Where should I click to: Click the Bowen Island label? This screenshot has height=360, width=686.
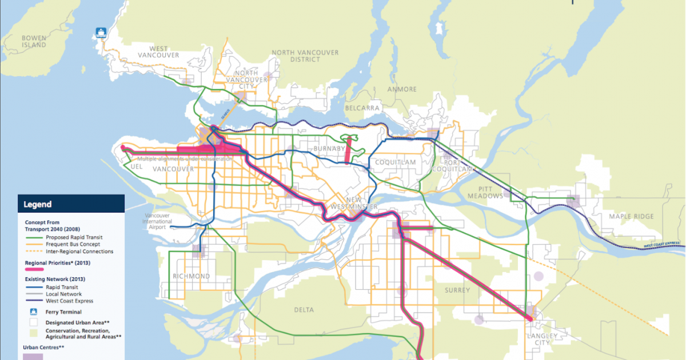(34, 42)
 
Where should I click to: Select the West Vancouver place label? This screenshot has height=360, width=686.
(158, 52)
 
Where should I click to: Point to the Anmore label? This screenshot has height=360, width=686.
(402, 89)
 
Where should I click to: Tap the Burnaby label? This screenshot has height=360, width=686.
(329, 149)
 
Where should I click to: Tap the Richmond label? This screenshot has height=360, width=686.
(192, 276)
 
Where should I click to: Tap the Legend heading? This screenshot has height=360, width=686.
(38, 204)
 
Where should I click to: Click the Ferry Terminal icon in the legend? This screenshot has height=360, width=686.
(33, 312)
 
